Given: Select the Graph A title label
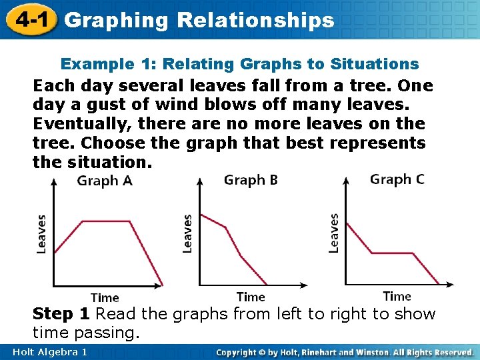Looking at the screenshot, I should pos(105,181).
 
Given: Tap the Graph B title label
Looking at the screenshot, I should pos(251,180).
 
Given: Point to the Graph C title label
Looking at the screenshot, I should pos(397,179).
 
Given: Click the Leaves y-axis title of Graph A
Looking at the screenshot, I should pos(41,233).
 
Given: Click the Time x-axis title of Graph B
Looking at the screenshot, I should pos(251,297).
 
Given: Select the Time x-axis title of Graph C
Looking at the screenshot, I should pos(397,296).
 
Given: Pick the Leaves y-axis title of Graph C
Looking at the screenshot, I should pos(334,233).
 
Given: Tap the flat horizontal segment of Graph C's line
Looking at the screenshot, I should pos(393,253).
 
